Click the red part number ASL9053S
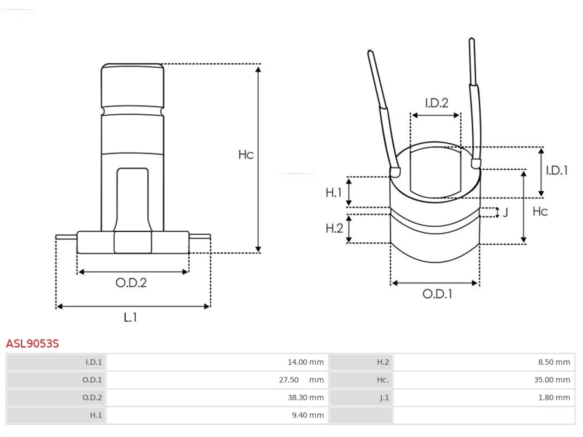click(x=32, y=343)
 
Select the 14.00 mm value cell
click(x=217, y=362)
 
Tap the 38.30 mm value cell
click(x=217, y=397)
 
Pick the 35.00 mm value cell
click(x=484, y=380)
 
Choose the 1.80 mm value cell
click(x=484, y=397)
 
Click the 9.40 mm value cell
click(x=217, y=415)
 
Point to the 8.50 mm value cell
click(x=484, y=362)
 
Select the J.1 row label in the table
click(x=384, y=397)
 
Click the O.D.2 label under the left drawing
click(x=131, y=283)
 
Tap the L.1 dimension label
click(x=130, y=317)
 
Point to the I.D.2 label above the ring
click(x=437, y=103)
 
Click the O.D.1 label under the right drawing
click(x=437, y=294)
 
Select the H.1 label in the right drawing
click(x=334, y=193)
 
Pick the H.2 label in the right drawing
click(x=334, y=228)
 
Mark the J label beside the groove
click(x=506, y=213)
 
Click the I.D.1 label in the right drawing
click(x=557, y=170)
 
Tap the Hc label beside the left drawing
click(x=246, y=154)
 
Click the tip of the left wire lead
click(x=370, y=51)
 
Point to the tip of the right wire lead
click(x=471, y=40)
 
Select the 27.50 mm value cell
click(x=217, y=380)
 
